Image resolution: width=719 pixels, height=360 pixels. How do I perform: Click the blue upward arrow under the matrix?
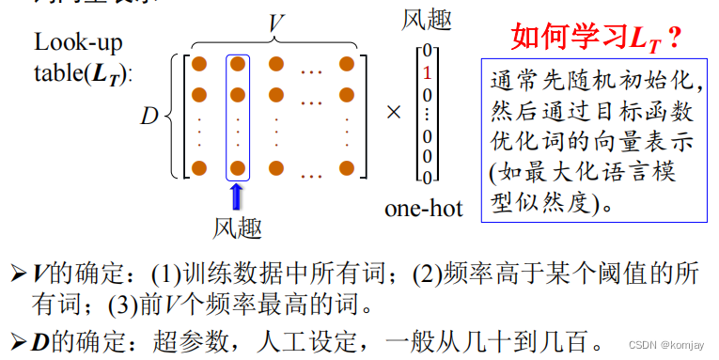point(237,196)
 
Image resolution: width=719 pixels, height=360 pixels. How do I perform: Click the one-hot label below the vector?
point(423,208)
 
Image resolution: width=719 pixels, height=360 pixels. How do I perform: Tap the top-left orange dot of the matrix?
point(198,64)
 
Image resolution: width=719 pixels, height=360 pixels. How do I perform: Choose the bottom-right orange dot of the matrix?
point(347,168)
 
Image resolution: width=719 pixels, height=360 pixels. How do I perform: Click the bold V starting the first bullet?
point(39,274)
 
